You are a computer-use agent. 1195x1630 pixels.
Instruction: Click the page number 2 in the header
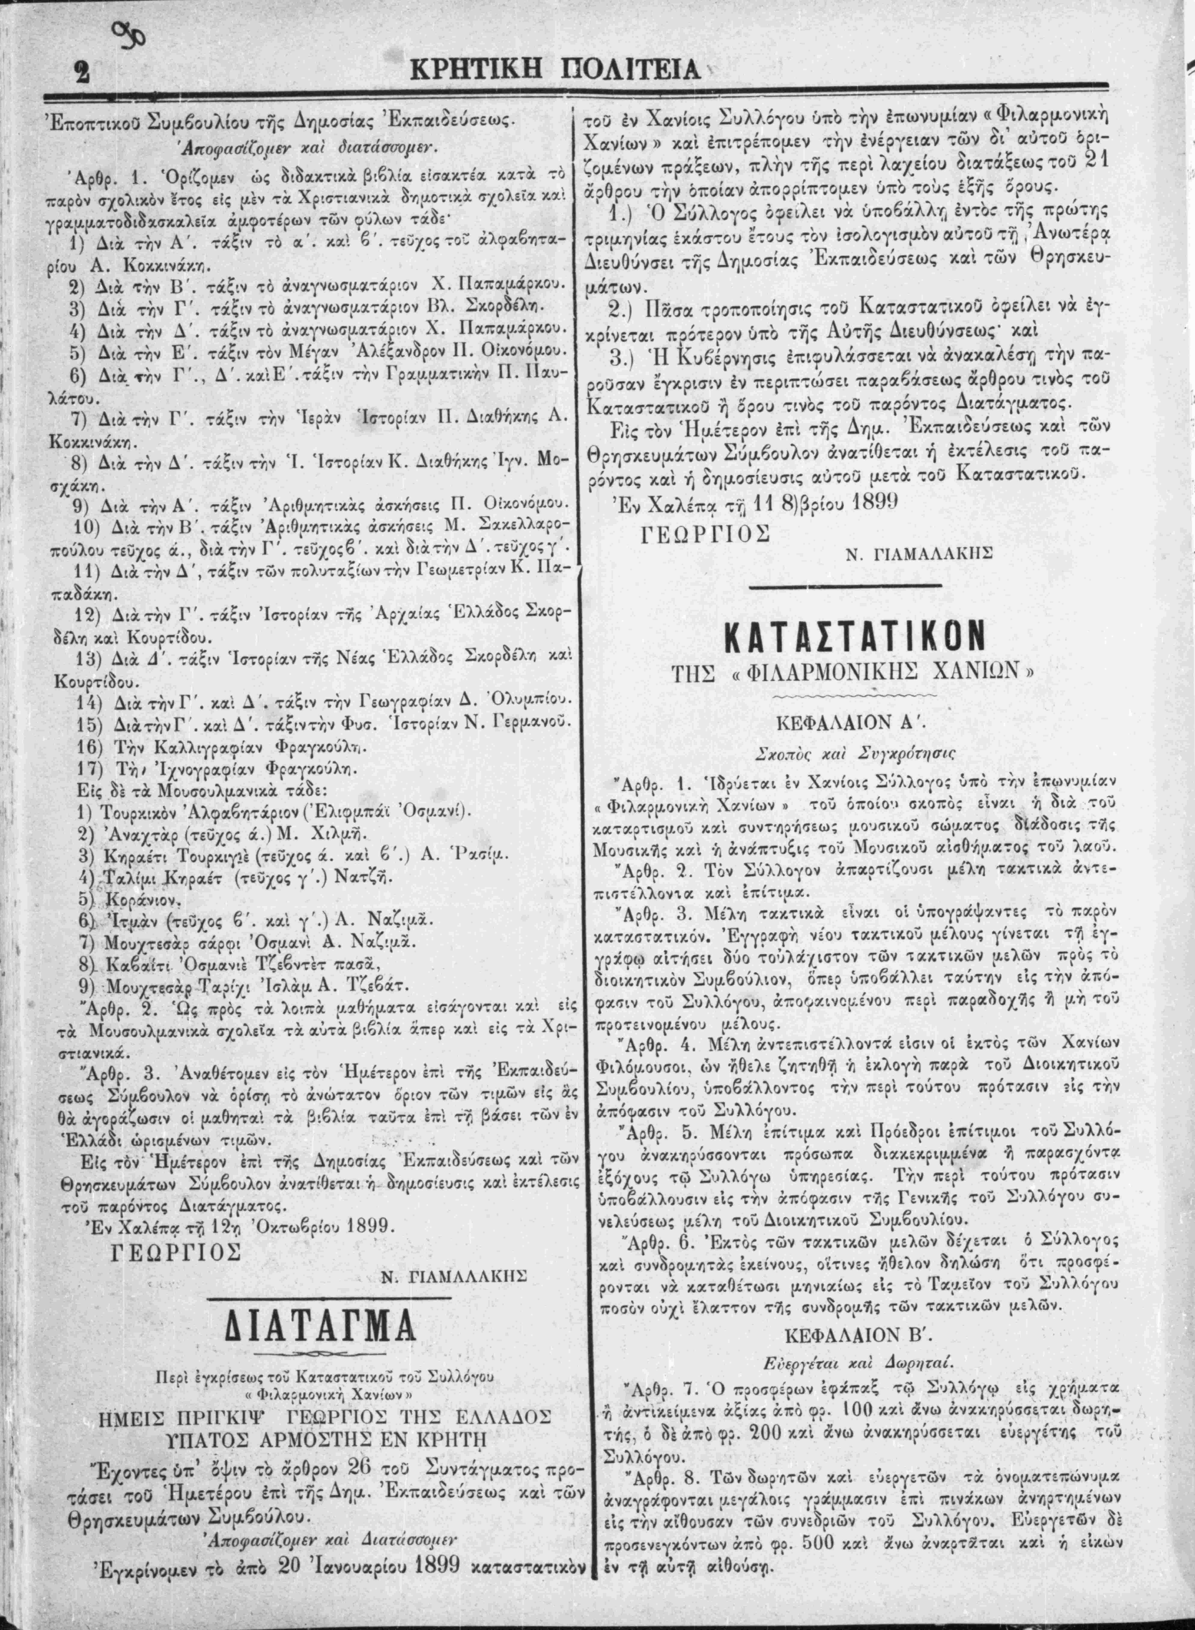tap(80, 73)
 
